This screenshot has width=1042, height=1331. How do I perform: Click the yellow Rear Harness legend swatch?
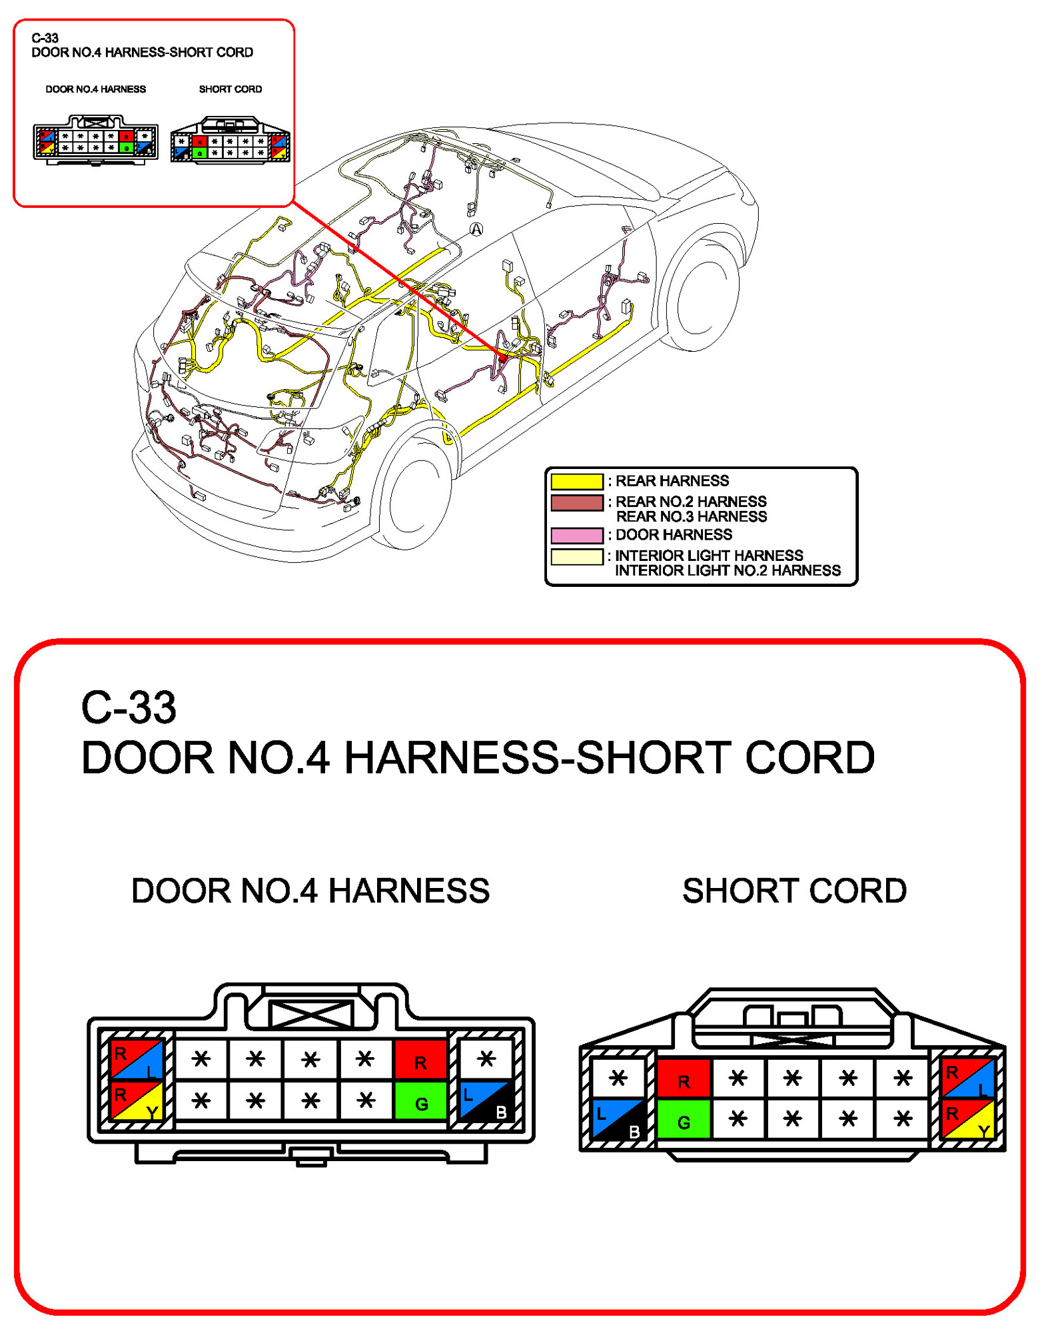[577, 481]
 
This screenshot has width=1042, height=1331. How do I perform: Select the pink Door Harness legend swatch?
[577, 535]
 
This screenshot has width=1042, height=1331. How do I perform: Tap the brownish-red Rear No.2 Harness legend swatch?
[577, 502]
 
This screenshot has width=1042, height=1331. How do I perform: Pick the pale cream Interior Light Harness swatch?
[577, 556]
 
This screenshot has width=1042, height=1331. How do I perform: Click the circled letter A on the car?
[476, 229]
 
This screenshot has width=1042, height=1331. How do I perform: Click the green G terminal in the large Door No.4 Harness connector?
[420, 1100]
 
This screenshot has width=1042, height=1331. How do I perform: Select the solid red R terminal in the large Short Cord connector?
[684, 1078]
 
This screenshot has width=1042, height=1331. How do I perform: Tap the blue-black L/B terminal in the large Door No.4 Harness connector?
[486, 1100]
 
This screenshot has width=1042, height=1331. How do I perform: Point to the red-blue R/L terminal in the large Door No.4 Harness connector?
[137, 1059]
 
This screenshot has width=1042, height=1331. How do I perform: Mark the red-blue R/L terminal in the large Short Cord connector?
[967, 1078]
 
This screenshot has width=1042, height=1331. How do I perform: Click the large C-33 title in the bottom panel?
[129, 707]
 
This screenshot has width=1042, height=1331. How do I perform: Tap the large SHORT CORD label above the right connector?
[794, 891]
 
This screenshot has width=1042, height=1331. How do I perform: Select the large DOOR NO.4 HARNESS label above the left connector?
[310, 891]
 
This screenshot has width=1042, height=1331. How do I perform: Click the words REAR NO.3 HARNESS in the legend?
[691, 517]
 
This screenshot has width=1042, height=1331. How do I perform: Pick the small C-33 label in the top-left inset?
[45, 38]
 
